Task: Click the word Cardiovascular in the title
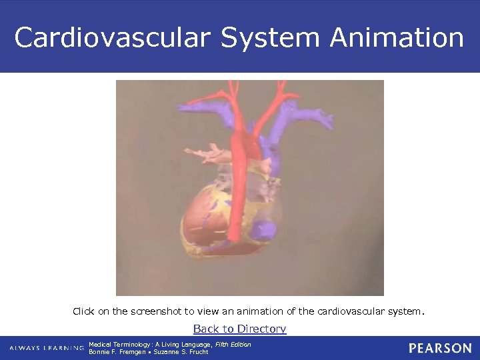[113, 38]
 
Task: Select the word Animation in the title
[397, 38]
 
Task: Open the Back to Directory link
[239, 329]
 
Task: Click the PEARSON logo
[440, 348]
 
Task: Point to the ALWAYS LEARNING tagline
[47, 348]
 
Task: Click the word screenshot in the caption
[157, 311]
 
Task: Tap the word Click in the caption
[83, 311]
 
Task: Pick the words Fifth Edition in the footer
[233, 345]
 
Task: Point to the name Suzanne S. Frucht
[181, 352]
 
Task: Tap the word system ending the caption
[406, 311]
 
